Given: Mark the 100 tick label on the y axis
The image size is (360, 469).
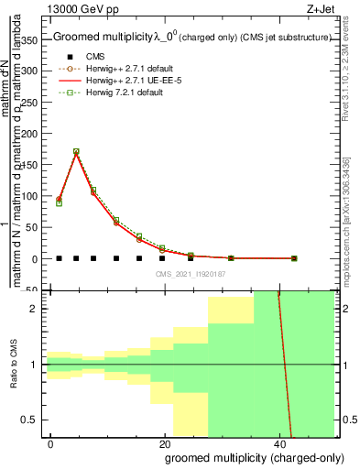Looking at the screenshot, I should [30, 196].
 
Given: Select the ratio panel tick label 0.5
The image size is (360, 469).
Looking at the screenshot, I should [32, 420].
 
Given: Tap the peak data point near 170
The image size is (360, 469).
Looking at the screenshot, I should [76, 151].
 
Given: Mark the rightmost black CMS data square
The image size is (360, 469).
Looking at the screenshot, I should [293, 258].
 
